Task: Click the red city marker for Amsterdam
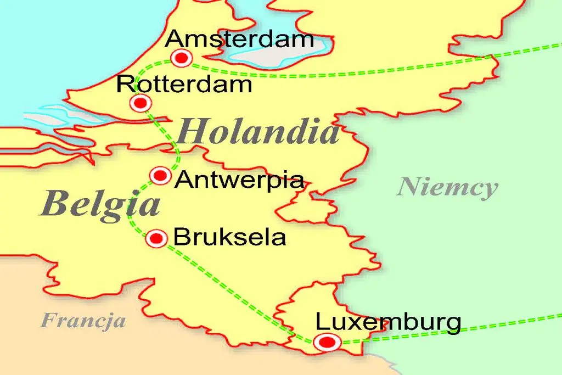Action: point(181,58)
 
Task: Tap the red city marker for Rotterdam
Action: point(140,103)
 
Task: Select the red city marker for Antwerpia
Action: point(160,175)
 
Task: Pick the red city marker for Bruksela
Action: point(157,238)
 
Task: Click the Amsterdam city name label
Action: point(240,40)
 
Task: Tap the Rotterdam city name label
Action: point(184,85)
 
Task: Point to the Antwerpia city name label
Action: point(239,180)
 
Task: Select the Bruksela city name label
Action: point(229,238)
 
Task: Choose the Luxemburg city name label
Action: point(388,322)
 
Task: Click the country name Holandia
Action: point(258,133)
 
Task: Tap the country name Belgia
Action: point(100,204)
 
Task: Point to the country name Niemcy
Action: point(447,188)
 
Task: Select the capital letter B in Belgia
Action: point(53,204)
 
